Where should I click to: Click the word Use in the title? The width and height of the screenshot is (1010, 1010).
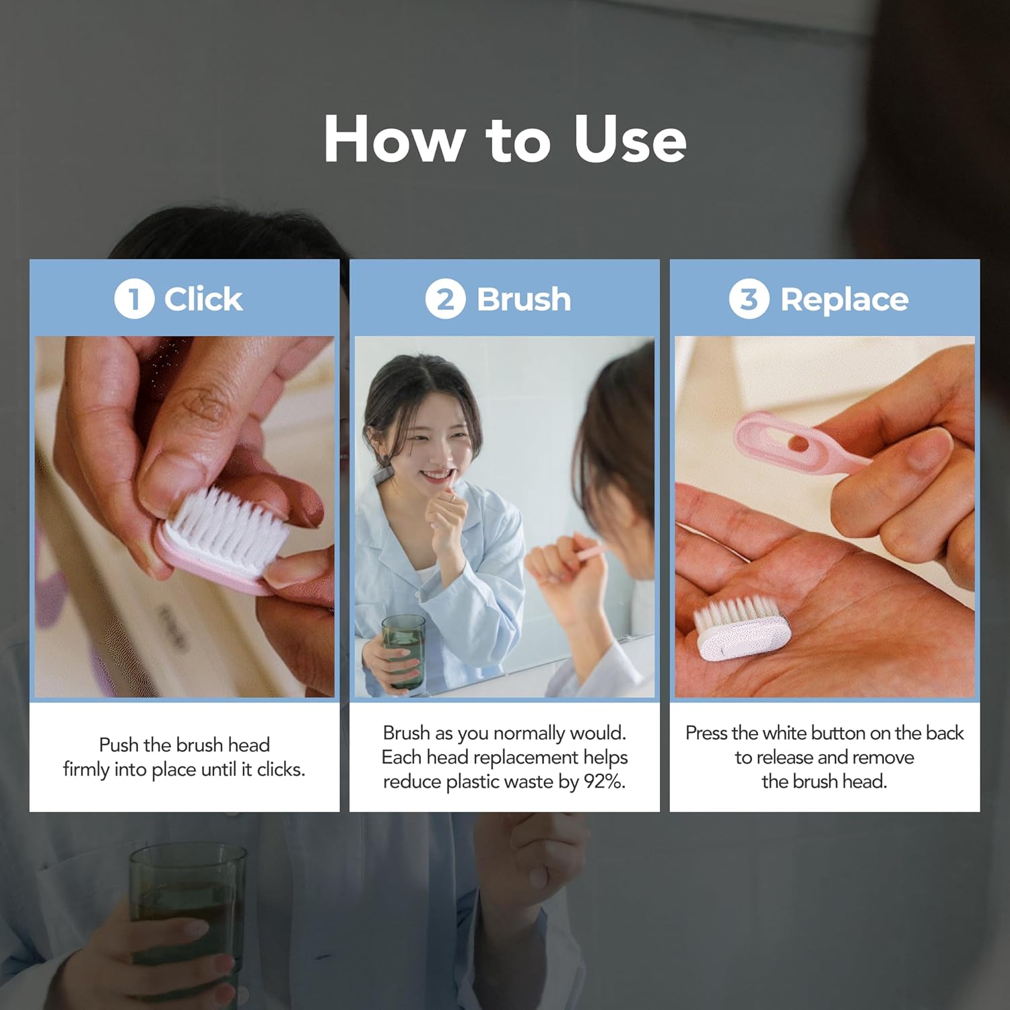pyautogui.click(x=630, y=139)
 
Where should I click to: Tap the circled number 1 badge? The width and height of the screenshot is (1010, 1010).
pyautogui.click(x=133, y=299)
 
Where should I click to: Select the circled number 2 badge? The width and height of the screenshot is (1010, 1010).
pyautogui.click(x=445, y=299)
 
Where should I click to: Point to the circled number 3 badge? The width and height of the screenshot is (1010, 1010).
pyautogui.click(x=749, y=299)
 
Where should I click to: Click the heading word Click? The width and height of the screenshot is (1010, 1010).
pyautogui.click(x=203, y=299)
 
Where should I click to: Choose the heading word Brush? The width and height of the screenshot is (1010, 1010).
pyautogui.click(x=524, y=299)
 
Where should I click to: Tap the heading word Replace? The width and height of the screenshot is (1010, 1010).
pyautogui.click(x=844, y=299)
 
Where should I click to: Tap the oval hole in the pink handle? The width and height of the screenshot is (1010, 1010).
pyautogui.click(x=797, y=442)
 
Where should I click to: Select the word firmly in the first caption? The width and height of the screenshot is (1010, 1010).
pyautogui.click(x=87, y=769)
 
